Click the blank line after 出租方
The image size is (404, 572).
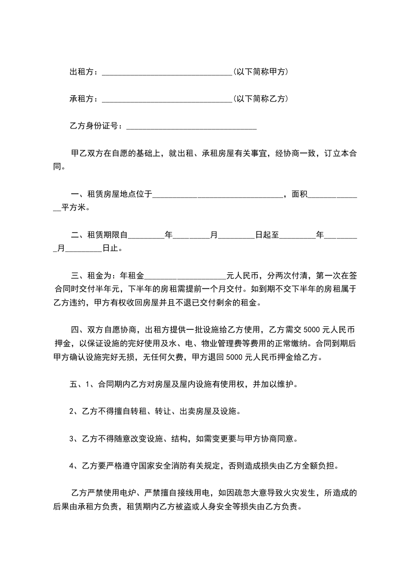167,73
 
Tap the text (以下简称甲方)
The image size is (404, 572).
260,72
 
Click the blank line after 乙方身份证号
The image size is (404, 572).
191,127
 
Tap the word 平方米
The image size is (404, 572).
74,207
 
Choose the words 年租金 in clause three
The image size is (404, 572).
133,275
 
